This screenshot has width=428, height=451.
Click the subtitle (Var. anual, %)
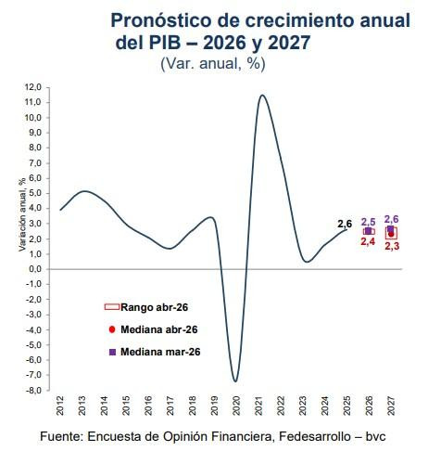(213, 63)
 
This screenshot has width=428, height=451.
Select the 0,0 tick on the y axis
(34, 269)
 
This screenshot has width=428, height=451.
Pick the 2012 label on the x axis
(60, 406)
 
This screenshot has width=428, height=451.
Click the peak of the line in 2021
(263, 95)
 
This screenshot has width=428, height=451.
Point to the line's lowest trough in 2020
(235, 380)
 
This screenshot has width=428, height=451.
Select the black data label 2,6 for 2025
(345, 224)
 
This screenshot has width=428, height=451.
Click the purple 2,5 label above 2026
(368, 221)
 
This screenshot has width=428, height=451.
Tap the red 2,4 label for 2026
(368, 241)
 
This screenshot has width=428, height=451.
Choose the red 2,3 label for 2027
(391, 246)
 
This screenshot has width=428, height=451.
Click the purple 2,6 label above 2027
(391, 219)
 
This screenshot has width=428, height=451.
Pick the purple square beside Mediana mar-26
(112, 352)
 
